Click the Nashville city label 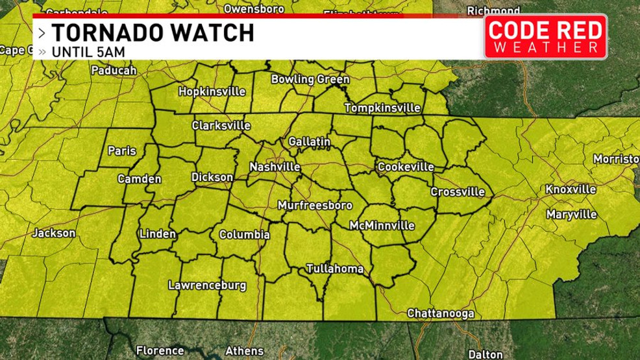point(275,167)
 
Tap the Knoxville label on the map point(571,189)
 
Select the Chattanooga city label point(440,313)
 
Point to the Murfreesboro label point(315,206)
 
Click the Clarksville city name point(221,125)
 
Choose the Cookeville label point(406,167)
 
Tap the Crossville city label point(458,192)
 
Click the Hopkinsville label point(212,91)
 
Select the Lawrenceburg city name point(207,285)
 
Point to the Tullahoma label point(335,269)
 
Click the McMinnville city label point(382,226)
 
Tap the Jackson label point(54,233)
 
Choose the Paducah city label point(114,70)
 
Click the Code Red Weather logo point(545,37)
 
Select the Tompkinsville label point(382,108)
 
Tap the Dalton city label point(486,354)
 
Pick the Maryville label point(571,214)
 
